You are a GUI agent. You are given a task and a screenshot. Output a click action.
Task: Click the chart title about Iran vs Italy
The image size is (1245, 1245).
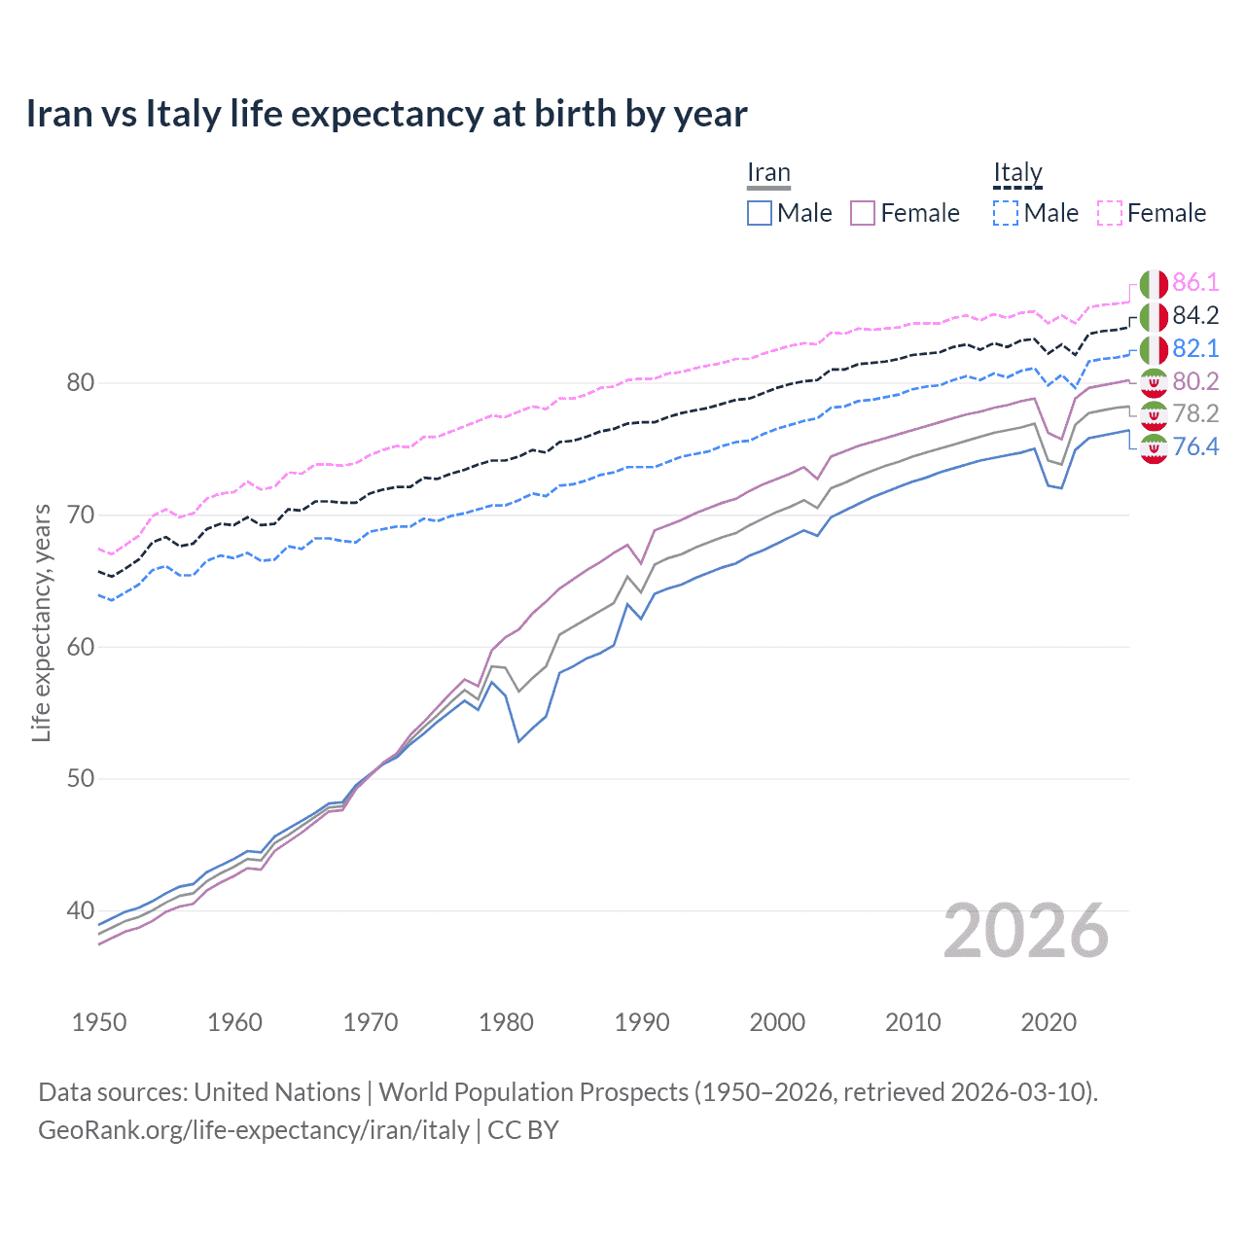click(386, 114)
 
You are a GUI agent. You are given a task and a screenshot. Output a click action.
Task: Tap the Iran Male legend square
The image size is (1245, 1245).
click(760, 213)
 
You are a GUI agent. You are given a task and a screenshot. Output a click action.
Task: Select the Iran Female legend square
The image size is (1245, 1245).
click(863, 213)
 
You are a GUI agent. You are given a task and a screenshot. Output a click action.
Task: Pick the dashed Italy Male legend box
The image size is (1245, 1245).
click(1006, 213)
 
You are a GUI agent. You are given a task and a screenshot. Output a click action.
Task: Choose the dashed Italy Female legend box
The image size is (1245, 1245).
click(1110, 213)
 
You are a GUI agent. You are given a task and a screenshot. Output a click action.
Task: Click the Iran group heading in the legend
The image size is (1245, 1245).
click(768, 173)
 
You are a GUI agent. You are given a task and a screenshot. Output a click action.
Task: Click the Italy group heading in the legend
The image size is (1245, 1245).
click(1017, 173)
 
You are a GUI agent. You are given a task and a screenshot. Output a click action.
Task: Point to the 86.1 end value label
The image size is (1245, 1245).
click(1195, 283)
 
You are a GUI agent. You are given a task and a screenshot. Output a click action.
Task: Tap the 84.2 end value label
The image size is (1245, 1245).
click(1195, 316)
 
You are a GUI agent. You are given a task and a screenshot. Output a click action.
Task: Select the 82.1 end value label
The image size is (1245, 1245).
click(1195, 349)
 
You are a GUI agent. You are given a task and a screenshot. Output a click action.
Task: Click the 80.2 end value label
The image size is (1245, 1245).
click(1195, 381)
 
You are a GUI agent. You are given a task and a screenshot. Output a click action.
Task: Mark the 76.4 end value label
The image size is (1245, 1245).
click(1195, 447)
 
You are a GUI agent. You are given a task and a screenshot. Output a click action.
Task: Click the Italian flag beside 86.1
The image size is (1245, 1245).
click(1154, 284)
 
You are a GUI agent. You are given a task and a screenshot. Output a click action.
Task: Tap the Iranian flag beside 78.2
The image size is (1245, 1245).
click(1154, 415)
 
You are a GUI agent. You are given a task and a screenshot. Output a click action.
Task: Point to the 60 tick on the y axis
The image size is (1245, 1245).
click(81, 647)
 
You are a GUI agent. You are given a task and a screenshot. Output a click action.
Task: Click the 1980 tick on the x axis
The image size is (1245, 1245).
click(506, 1022)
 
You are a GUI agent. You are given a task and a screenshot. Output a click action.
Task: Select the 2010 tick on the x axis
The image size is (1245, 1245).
click(912, 1022)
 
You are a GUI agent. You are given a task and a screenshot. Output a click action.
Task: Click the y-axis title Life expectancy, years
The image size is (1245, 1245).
click(42, 622)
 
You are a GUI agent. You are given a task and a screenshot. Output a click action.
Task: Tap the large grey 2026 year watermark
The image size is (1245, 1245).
click(1026, 931)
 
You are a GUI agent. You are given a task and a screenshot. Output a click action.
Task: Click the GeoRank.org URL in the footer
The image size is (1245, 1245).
click(254, 1130)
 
